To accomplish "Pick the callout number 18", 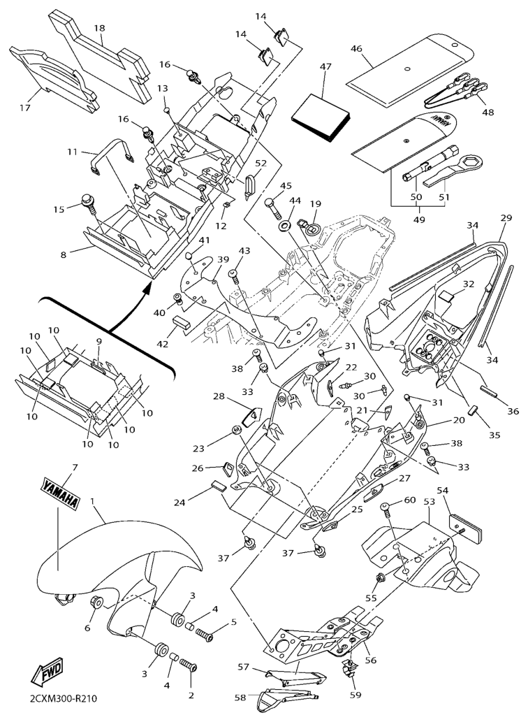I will click(99, 28).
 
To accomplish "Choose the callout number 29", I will click(506, 219).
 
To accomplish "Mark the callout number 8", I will click(64, 255).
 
